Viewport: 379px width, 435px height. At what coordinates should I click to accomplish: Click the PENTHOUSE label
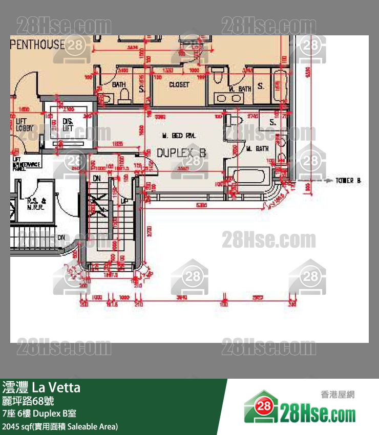tap(37, 44)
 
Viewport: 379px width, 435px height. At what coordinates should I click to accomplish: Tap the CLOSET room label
tap(179, 84)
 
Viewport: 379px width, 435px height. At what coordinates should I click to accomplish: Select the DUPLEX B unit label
tap(181, 153)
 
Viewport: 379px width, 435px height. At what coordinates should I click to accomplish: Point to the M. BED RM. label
tap(179, 136)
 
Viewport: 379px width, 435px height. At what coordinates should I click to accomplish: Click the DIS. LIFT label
tap(68, 124)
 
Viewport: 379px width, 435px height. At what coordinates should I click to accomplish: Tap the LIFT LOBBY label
tap(22, 124)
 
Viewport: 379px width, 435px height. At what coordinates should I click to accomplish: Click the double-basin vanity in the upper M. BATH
tap(228, 98)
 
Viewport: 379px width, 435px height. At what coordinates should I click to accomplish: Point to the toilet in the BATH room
tap(124, 95)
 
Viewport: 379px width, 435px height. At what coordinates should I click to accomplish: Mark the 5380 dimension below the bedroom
tap(201, 206)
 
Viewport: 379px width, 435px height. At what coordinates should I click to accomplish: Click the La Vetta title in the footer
tap(41, 387)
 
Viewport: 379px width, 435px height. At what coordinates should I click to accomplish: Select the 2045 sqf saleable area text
tap(60, 426)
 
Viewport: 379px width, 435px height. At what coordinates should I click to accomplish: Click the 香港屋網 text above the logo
tap(338, 395)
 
